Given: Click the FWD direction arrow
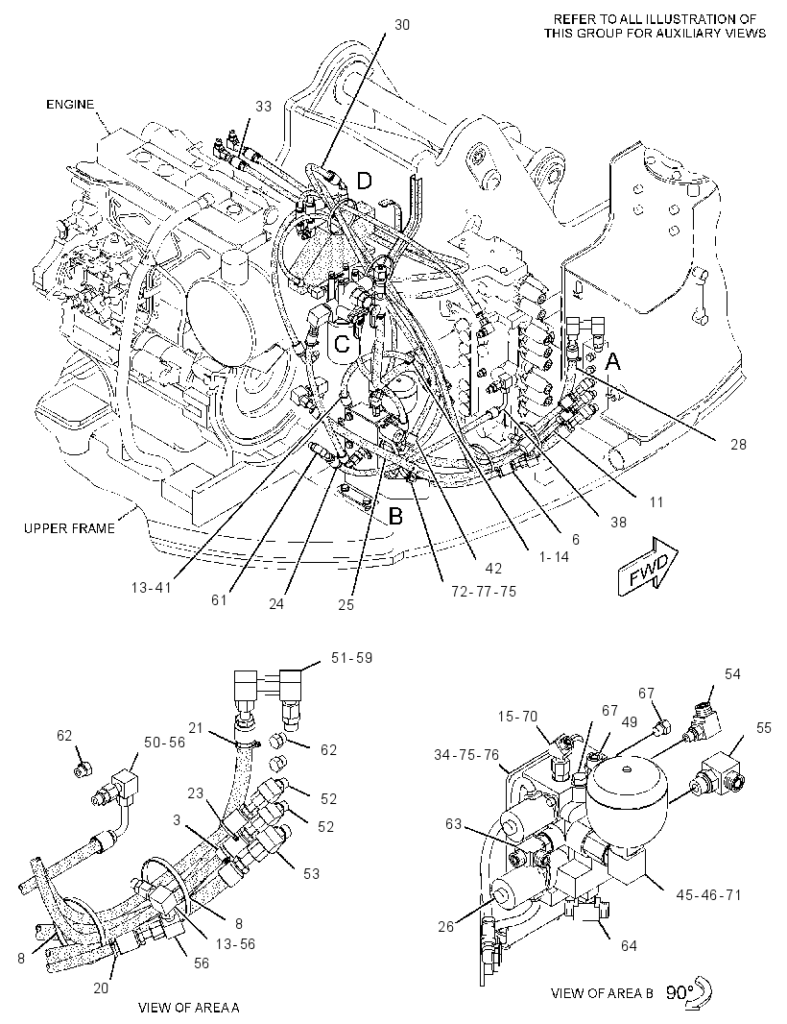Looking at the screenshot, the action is pyautogui.click(x=648, y=566).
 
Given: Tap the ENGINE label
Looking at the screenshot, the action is pyautogui.click(x=70, y=105).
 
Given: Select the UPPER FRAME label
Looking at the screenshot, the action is pyautogui.click(x=69, y=528).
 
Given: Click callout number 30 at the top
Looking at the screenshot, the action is pyautogui.click(x=402, y=25).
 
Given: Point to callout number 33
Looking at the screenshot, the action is pyautogui.click(x=263, y=106).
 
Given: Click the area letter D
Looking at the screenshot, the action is pyautogui.click(x=364, y=181).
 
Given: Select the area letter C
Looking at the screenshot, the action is pyautogui.click(x=342, y=344).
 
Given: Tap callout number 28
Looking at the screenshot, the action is pyautogui.click(x=738, y=445).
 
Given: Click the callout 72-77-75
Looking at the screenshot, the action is pyautogui.click(x=484, y=592).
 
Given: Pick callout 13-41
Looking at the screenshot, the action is pyautogui.click(x=151, y=588).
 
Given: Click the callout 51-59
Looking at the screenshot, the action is pyautogui.click(x=351, y=658).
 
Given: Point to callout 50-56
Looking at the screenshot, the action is pyautogui.click(x=164, y=743).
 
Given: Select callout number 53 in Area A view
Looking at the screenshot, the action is pyautogui.click(x=311, y=873).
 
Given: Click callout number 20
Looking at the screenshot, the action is pyautogui.click(x=101, y=988).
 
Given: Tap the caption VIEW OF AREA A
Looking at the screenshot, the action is pyautogui.click(x=189, y=1008).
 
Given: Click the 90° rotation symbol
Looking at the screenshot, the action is pyautogui.click(x=689, y=992).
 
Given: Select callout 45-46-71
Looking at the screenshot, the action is pyautogui.click(x=708, y=894).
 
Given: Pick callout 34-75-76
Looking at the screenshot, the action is pyautogui.click(x=465, y=756).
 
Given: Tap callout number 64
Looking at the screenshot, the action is pyautogui.click(x=629, y=945).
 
